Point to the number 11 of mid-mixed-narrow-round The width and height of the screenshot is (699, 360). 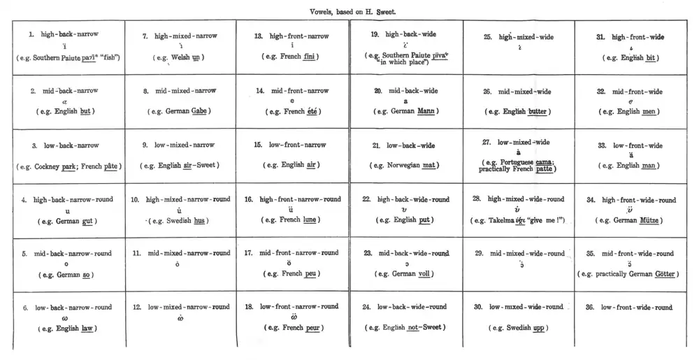[x=136, y=253]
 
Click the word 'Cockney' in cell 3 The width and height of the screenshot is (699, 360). [x=61, y=166]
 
